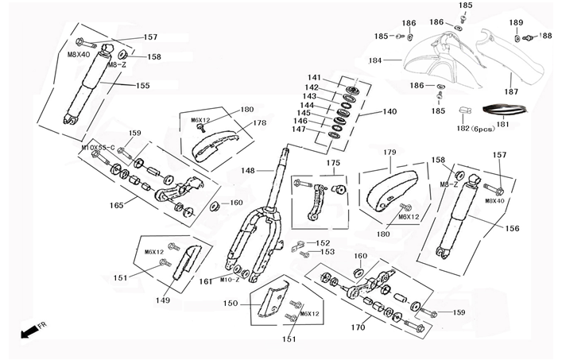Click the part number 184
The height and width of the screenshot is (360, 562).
(374, 60)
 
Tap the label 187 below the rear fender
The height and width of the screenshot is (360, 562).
(511, 92)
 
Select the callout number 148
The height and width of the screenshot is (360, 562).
(248, 171)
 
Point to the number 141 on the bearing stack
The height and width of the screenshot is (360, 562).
(314, 77)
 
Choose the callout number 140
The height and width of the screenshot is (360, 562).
(389, 112)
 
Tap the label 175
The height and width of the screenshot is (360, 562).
(333, 163)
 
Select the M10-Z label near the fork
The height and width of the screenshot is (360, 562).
(230, 280)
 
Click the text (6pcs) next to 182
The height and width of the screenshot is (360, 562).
(483, 128)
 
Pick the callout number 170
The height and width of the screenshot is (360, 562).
(358, 327)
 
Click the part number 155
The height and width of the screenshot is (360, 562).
(142, 86)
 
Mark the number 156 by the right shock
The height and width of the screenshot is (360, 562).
(513, 228)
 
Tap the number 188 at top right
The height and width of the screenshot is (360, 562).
(545, 36)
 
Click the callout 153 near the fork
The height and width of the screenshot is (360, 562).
(327, 252)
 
